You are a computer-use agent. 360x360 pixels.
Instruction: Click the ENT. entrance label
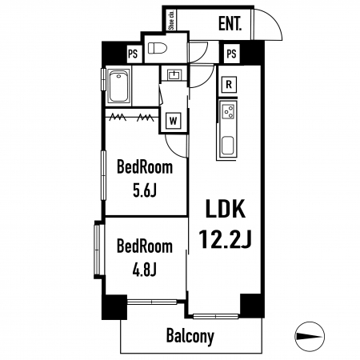coord(230,23)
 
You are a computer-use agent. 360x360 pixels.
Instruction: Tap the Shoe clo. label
coord(171,20)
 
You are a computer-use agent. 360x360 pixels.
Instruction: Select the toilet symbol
coord(158,49)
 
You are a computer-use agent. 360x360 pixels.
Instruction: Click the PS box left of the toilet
coord(133,54)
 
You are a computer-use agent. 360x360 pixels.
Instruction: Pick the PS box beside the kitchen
coord(231,54)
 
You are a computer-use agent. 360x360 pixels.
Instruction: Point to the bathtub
coord(118,86)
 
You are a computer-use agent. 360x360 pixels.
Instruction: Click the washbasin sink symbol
coord(174,74)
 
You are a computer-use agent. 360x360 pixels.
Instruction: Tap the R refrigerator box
coord(229,85)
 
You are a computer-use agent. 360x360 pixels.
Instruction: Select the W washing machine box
coord(174,121)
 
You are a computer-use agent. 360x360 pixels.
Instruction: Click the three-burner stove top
coord(229,111)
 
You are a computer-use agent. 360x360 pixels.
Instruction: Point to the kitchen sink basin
coord(228,146)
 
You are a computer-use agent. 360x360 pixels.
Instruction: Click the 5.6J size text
coord(145,190)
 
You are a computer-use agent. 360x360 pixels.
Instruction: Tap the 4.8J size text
coord(144,270)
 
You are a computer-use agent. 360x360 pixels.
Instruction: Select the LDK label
coord(226,209)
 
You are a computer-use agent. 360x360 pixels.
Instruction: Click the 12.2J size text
coord(226,239)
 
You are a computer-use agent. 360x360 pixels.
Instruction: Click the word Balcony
coord(190,336)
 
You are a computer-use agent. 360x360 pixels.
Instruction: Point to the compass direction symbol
coord(310,336)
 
